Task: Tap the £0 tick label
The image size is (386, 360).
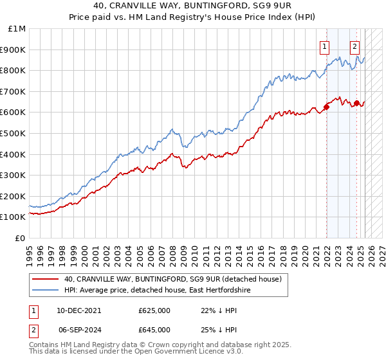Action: pyautogui.click(x=20, y=238)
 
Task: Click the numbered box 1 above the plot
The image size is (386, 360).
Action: pyautogui.click(x=325, y=46)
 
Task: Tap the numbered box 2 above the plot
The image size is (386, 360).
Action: pyautogui.click(x=354, y=46)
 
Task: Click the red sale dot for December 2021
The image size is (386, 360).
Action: pyautogui.click(x=326, y=107)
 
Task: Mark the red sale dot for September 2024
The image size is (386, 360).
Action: pyautogui.click(x=356, y=103)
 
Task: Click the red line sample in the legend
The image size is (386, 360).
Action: pyautogui.click(x=45, y=280)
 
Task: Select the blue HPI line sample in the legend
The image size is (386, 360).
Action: pyautogui.click(x=45, y=291)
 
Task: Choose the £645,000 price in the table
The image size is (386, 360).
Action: pyautogui.click(x=154, y=329)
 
